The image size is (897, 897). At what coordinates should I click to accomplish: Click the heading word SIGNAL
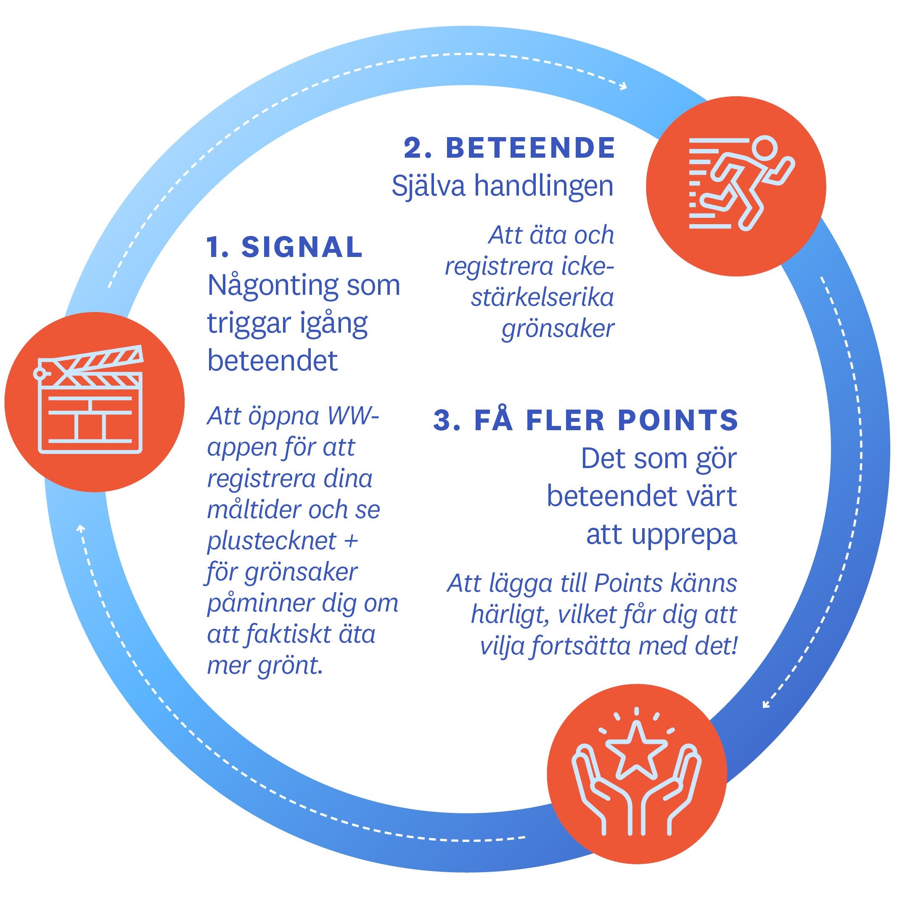pos(302,247)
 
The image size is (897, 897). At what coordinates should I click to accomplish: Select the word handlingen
pos(544,186)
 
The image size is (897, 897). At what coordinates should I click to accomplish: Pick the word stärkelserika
pos(542,297)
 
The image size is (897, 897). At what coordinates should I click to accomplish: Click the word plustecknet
pos(272,541)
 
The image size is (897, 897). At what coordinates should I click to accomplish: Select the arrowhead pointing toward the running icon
pos(623,86)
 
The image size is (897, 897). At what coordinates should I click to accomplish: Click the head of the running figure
pos(764,148)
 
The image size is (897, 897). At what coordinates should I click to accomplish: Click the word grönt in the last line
pos(290,666)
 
